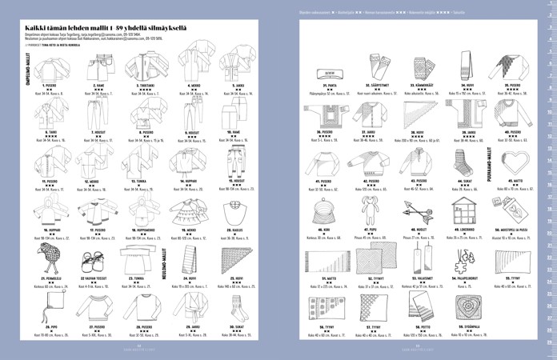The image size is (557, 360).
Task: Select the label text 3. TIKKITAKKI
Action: (146, 85)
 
